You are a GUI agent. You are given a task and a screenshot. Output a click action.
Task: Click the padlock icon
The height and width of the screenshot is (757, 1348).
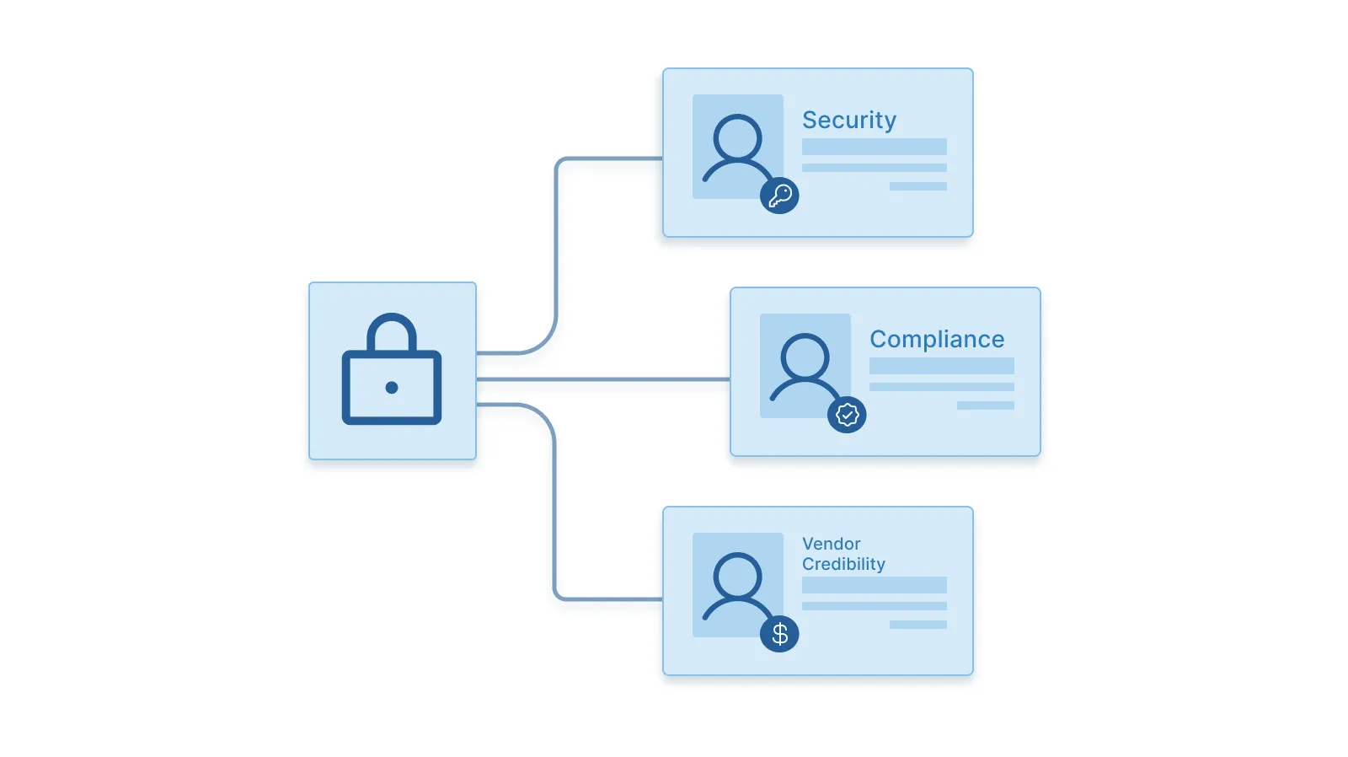392,371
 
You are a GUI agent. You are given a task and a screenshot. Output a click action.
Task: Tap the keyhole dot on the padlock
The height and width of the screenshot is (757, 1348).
392,388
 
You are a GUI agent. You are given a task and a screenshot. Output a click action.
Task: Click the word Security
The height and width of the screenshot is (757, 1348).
848,121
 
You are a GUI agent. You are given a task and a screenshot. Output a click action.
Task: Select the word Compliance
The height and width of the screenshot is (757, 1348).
937,339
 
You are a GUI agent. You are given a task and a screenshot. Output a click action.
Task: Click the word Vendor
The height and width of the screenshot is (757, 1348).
831,544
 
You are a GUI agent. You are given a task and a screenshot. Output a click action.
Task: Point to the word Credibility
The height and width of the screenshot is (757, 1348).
843,564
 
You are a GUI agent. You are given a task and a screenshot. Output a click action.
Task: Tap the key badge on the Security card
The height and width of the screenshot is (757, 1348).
779,196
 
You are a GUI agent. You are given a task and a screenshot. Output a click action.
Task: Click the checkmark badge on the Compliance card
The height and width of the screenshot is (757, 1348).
847,415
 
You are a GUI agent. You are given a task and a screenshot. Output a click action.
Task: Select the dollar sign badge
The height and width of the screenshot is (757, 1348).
779,634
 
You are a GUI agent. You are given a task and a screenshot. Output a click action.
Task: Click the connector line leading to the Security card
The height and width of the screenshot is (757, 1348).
557,253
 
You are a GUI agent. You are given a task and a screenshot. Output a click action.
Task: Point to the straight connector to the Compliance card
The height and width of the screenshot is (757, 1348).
602,379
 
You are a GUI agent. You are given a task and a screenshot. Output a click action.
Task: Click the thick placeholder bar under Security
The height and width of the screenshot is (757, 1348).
874,147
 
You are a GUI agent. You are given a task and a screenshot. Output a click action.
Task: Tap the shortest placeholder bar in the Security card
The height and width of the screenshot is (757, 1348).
917,186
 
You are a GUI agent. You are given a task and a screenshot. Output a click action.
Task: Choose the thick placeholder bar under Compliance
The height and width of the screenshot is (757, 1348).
941,366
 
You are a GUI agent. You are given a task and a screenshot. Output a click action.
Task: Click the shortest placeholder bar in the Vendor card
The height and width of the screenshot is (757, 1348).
917,625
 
